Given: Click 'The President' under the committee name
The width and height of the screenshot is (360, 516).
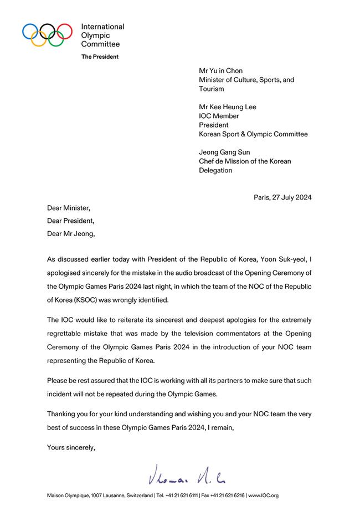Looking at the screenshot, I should [x=100, y=57].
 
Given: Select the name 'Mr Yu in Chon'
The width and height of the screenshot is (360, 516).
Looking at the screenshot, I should [x=221, y=71].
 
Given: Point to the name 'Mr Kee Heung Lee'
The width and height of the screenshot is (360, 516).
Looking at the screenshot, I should [x=227, y=107].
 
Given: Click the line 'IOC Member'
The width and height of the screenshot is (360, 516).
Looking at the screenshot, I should [x=219, y=116].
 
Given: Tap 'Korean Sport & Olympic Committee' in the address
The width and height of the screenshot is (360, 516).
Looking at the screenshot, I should [x=253, y=134].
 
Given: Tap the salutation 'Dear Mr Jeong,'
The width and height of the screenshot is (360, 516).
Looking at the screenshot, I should [x=71, y=233].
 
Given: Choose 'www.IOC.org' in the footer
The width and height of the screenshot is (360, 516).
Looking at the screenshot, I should [x=264, y=495].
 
